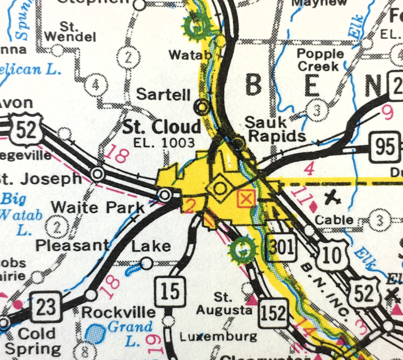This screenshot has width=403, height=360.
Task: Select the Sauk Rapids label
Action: click(x=275, y=129)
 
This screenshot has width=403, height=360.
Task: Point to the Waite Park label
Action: click(x=98, y=207)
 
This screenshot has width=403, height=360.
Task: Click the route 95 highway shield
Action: click(x=385, y=147)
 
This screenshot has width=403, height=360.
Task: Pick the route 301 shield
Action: click(x=281, y=247)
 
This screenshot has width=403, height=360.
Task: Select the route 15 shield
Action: click(x=170, y=291)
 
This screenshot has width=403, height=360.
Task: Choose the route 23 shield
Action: click(x=46, y=307)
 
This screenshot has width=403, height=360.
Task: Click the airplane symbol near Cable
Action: click(x=333, y=197)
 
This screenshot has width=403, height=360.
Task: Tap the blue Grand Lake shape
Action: click(x=94, y=333)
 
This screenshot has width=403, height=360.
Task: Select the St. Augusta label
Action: click(x=224, y=303)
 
